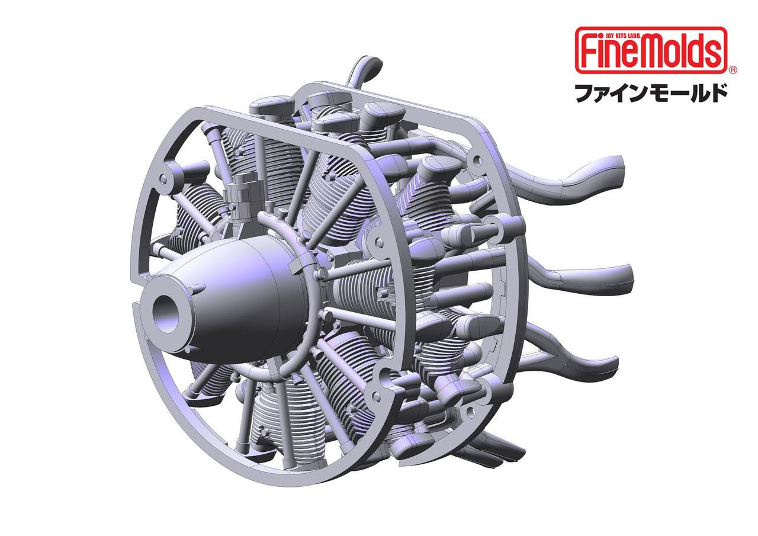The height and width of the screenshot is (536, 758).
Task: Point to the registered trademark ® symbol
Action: click(x=732, y=70)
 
